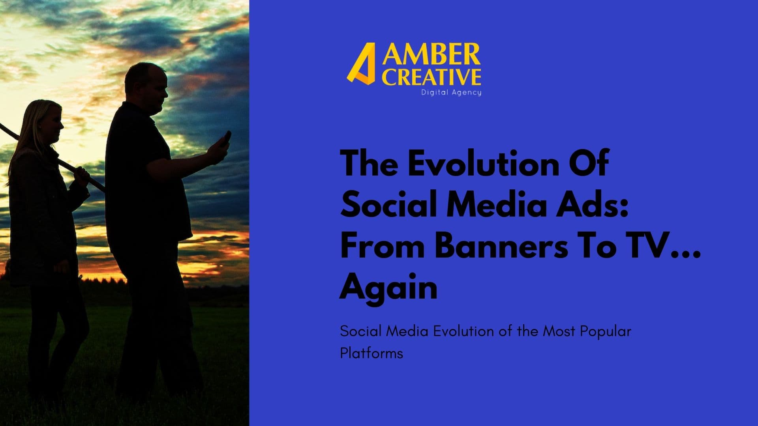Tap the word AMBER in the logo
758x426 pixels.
[431, 55]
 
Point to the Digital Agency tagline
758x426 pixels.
[451, 93]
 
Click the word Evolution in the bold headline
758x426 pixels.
[482, 163]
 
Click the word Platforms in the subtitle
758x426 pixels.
[371, 353]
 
